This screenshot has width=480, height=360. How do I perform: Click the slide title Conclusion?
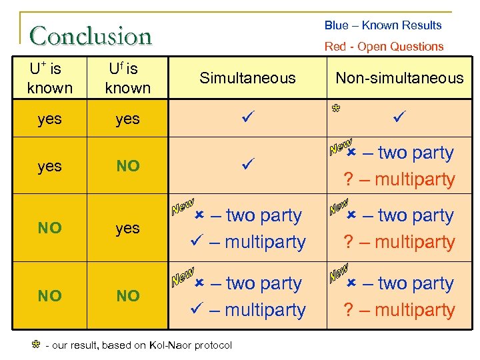[x=91, y=35]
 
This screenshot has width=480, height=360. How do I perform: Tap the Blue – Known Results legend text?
[x=383, y=25]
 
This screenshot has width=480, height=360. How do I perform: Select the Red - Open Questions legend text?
[x=383, y=47]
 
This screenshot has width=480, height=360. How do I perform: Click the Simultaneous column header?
[x=247, y=78]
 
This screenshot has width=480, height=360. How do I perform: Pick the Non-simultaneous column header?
[x=399, y=78]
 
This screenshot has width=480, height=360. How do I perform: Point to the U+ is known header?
[x=49, y=78]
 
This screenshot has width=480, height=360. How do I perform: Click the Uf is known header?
[x=127, y=78]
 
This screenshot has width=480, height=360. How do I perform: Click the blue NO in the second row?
[x=127, y=166]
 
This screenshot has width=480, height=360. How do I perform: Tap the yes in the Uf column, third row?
[x=127, y=228]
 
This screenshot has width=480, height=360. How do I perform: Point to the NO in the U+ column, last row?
[x=49, y=295]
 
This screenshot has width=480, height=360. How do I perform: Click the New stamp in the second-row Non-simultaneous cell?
[x=341, y=147]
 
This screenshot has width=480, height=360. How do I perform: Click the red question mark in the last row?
[x=347, y=310]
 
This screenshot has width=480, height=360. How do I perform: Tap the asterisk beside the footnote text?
[x=37, y=345]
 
